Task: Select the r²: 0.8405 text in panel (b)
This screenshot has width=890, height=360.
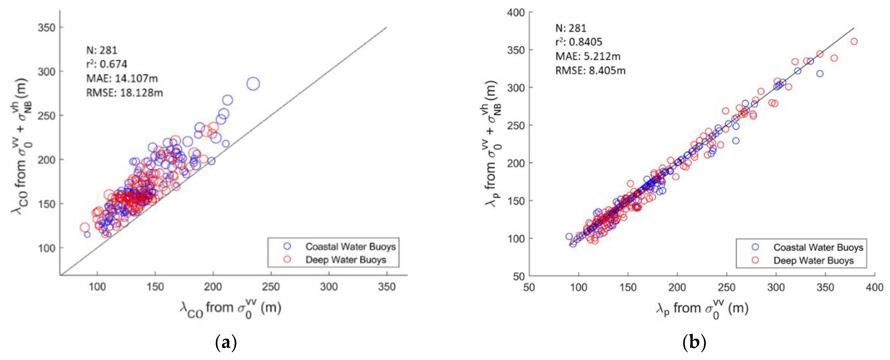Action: click(x=579, y=42)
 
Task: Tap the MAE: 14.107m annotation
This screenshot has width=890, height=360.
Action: click(x=122, y=79)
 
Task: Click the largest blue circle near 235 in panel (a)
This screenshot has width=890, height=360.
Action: click(x=253, y=84)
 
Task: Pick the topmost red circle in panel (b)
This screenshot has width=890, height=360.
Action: click(x=854, y=41)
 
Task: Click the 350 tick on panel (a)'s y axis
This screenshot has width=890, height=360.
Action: click(x=47, y=28)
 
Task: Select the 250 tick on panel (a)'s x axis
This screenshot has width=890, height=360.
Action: click(x=271, y=286)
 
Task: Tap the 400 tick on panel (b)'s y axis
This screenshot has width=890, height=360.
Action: click(x=516, y=13)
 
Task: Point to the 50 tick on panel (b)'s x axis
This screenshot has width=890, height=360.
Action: click(x=529, y=287)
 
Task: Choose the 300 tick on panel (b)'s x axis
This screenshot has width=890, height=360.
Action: click(x=776, y=287)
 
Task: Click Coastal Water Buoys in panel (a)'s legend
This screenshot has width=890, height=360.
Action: click(x=350, y=247)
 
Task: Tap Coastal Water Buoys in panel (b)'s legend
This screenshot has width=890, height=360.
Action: click(x=818, y=247)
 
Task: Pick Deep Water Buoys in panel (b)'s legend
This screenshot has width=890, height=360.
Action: click(x=813, y=260)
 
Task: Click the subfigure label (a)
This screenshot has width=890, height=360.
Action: click(x=226, y=343)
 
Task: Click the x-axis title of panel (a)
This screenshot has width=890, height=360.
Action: click(x=231, y=308)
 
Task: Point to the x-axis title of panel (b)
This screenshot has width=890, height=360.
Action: click(x=702, y=308)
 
